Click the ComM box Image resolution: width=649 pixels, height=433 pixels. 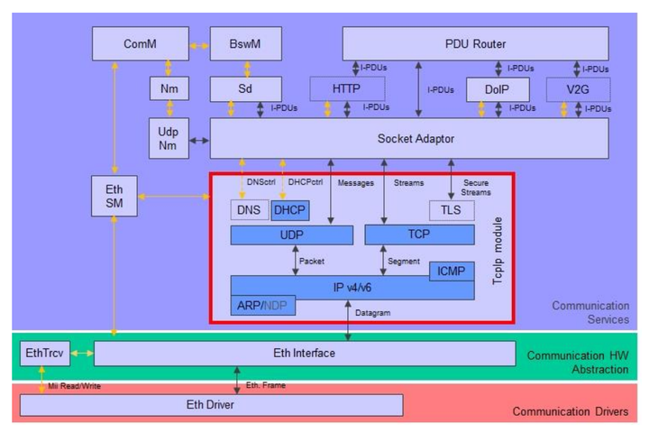pyautogui.click(x=141, y=43)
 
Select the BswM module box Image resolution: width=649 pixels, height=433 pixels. pyautogui.click(x=245, y=43)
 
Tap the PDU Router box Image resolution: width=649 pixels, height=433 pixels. pyautogui.click(x=475, y=43)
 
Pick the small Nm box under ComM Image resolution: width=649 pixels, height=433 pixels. pyautogui.click(x=169, y=88)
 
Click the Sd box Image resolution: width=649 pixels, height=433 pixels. pyautogui.click(x=245, y=88)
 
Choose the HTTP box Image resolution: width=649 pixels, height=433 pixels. pyautogui.click(x=347, y=88)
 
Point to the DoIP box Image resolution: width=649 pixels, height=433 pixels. pyautogui.click(x=497, y=89)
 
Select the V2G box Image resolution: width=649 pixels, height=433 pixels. pyautogui.click(x=578, y=89)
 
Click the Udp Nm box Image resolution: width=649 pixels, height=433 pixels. pyautogui.click(x=169, y=138)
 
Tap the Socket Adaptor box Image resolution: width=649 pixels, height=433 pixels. pyautogui.click(x=408, y=138)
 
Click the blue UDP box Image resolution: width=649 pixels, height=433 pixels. pyautogui.click(x=291, y=235)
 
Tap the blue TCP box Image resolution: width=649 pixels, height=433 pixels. pyautogui.click(x=419, y=235)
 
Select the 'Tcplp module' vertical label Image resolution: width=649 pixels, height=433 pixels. pyautogui.click(x=498, y=250)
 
